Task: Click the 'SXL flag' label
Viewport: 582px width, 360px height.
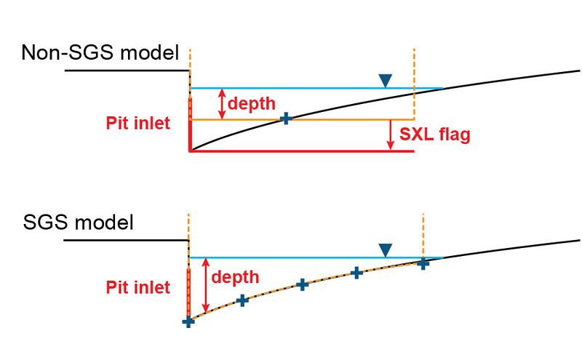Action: pyautogui.click(x=435, y=135)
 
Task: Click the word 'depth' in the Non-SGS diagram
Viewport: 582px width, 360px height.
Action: pyautogui.click(x=252, y=104)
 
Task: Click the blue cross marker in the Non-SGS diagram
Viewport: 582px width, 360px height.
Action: pyautogui.click(x=287, y=119)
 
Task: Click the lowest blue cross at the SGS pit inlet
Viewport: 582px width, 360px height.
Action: pyautogui.click(x=188, y=321)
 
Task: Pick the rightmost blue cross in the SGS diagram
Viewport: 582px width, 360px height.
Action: pyautogui.click(x=423, y=263)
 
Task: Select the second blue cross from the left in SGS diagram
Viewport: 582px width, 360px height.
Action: pyautogui.click(x=243, y=300)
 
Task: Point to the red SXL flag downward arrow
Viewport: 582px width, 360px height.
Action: pyautogui.click(x=390, y=135)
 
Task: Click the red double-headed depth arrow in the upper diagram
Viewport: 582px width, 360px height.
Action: pyautogui.click(x=223, y=104)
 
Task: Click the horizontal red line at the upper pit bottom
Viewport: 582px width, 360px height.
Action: pyautogui.click(x=301, y=151)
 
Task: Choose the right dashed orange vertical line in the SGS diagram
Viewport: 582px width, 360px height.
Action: pyautogui.click(x=423, y=233)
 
